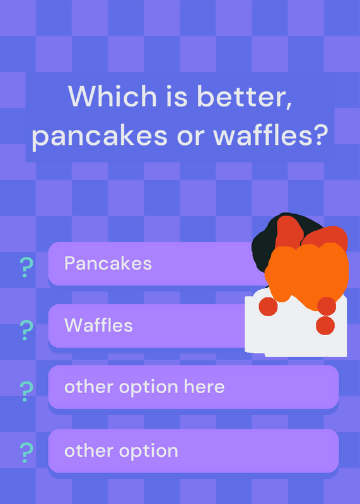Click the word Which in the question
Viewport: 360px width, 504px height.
112,96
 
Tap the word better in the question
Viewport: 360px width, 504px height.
245,96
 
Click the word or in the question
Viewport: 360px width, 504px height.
190,136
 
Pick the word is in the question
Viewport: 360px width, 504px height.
177,96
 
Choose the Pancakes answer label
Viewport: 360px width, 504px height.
108,263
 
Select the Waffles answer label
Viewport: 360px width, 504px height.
98,325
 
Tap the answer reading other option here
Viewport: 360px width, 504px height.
144,387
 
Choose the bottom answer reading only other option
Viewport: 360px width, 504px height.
121,451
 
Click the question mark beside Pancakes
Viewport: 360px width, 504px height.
26,267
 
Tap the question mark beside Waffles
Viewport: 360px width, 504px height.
26,330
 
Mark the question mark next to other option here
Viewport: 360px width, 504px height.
26,391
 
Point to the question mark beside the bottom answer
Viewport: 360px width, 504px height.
26,452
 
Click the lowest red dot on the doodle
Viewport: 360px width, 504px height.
325,325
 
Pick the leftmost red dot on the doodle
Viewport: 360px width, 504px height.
268,306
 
